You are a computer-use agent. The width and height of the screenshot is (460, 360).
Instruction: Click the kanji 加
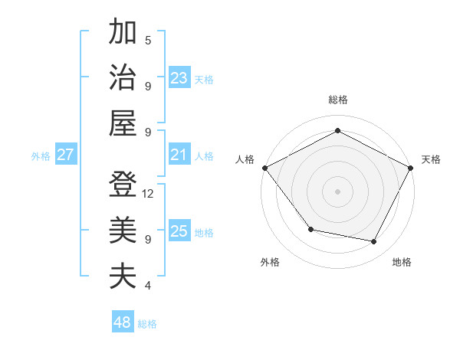[x=123, y=33]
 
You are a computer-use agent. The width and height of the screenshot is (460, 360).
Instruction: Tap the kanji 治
[x=123, y=78]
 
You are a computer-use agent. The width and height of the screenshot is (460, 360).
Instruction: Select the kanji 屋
[x=123, y=123]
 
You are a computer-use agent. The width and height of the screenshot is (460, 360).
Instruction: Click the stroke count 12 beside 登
[x=149, y=194]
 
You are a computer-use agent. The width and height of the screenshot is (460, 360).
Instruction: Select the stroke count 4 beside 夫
[x=148, y=286]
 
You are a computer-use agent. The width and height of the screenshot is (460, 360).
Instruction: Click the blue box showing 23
[x=179, y=78]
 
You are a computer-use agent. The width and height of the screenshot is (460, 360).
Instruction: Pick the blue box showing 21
[x=179, y=155]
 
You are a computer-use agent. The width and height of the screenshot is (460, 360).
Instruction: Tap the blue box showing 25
[x=179, y=231]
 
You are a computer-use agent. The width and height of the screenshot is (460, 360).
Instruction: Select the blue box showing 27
[x=65, y=155]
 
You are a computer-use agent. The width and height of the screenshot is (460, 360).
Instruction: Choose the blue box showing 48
[x=122, y=322]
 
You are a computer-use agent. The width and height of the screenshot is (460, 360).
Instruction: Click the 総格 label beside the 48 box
[x=147, y=324]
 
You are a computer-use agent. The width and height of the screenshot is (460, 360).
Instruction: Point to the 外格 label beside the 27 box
[x=41, y=156]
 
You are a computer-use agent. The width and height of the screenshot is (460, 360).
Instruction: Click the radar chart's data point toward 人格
[x=264, y=167]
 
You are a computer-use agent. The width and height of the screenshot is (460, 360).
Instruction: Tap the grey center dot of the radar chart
[x=337, y=191]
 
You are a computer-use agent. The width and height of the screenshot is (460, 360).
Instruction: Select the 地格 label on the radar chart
[x=402, y=263]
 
